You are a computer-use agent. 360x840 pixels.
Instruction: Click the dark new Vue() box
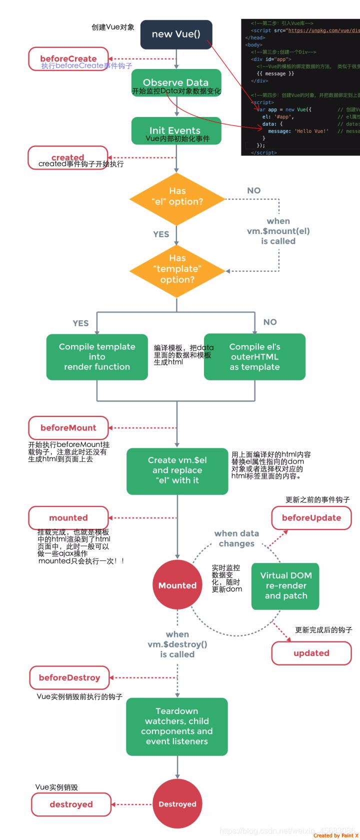pyautogui.click(x=176, y=34)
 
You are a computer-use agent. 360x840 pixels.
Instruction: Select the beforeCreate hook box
pyautogui.click(x=68, y=59)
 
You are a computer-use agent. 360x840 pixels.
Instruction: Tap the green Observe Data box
pyautogui.click(x=176, y=82)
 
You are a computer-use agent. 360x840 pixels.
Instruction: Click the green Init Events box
pyautogui.click(x=176, y=131)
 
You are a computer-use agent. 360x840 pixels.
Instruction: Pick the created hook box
pyautogui.click(x=68, y=157)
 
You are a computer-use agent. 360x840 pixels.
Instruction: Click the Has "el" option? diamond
pyautogui.click(x=177, y=199)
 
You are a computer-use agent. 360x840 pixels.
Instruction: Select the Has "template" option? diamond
pyautogui.click(x=177, y=270)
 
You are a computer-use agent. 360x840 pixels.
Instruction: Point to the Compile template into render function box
pyautogui.click(x=97, y=357)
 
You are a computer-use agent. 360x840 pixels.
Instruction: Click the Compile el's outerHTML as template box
pyautogui.click(x=254, y=357)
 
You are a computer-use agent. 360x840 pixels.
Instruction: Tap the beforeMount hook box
pyautogui.click(x=68, y=428)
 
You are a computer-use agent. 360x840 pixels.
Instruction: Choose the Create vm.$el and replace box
pyautogui.click(x=177, y=470)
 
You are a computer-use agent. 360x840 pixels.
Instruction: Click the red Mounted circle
pyautogui.click(x=177, y=585)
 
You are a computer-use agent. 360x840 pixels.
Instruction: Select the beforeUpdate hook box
pyautogui.click(x=311, y=518)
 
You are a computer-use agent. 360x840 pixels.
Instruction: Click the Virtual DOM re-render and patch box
pyautogui.click(x=285, y=586)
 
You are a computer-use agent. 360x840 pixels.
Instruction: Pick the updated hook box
pyautogui.click(x=311, y=653)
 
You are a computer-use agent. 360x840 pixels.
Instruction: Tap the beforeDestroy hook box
pyautogui.click(x=69, y=677)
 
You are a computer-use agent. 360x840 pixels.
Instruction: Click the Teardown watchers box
pyautogui.click(x=177, y=726)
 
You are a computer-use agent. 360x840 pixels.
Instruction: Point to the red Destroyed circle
pyautogui.click(x=177, y=804)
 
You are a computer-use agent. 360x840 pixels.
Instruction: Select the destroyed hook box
pyautogui.click(x=71, y=804)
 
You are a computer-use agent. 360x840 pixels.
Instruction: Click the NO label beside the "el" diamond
pyautogui.click(x=254, y=190)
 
